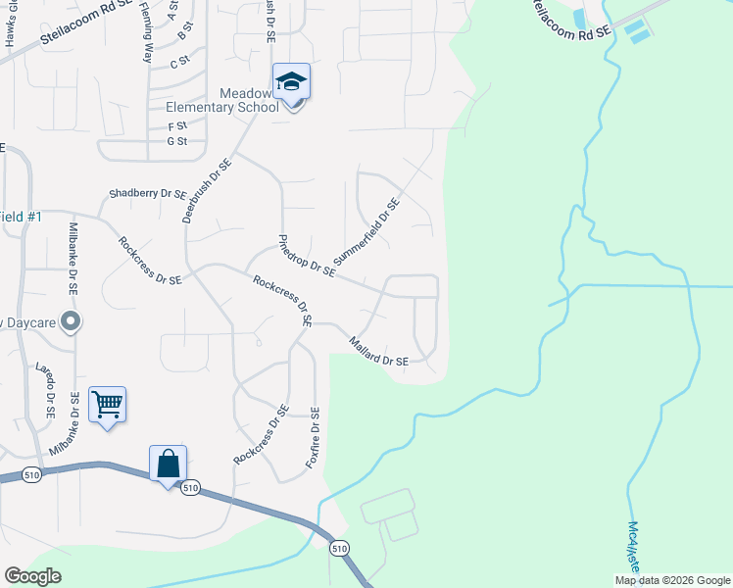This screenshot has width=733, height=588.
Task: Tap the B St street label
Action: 181,36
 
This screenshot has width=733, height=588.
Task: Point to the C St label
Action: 178,63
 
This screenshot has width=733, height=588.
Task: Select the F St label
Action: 177,126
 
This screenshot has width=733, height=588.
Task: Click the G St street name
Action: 177,142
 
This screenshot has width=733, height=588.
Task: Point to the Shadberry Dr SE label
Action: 148,193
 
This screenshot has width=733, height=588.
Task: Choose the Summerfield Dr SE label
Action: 366,232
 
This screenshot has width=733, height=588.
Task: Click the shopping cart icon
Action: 107,404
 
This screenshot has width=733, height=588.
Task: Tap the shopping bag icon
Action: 169,464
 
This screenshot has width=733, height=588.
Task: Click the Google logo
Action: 32,576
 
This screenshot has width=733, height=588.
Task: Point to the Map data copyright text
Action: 672,580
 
